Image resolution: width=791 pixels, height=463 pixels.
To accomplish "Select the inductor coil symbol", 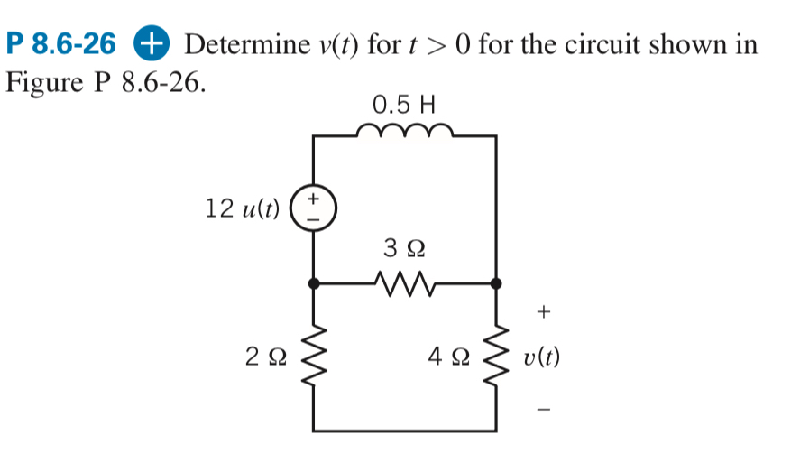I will pyautogui.click(x=404, y=133).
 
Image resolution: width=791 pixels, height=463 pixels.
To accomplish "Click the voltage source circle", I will pyautogui.click(x=314, y=208).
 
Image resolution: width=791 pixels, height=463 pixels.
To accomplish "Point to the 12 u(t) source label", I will pyautogui.click(x=242, y=208).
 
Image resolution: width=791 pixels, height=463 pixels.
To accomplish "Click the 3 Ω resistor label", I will pyautogui.click(x=403, y=245).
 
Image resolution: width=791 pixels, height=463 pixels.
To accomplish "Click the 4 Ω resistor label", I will pyautogui.click(x=446, y=358).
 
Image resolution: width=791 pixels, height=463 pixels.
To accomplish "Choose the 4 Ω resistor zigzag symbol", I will pyautogui.click(x=495, y=357).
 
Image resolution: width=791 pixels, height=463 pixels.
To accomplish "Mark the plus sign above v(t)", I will pyautogui.click(x=542, y=312).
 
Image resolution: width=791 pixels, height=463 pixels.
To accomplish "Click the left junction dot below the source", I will pyautogui.click(x=314, y=283).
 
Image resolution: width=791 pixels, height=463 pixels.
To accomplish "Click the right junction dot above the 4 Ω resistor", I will pyautogui.click(x=495, y=283).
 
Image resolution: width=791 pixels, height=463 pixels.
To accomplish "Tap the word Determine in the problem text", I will pyautogui.click(x=244, y=43).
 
